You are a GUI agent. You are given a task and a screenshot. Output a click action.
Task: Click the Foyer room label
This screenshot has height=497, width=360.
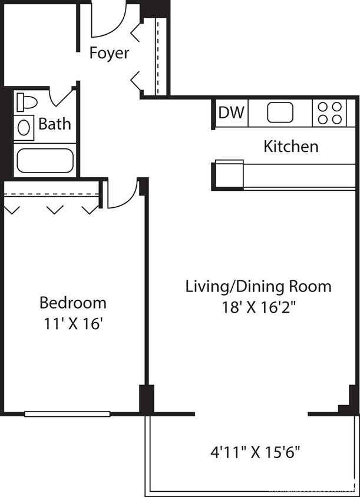pos(109,53)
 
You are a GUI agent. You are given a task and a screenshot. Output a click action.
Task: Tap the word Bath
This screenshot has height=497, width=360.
pos(55,124)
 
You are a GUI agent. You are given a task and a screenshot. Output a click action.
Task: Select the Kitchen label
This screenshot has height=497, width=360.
pos(290,146)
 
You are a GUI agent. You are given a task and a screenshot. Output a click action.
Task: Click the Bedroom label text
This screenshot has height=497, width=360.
pos(73,303)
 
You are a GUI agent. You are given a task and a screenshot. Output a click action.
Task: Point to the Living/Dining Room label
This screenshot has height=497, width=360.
pos(258,287)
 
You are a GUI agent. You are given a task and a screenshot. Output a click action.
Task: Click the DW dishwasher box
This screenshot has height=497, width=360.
pos(231,112)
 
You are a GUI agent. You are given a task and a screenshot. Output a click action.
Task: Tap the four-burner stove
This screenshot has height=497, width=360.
pos(330,112)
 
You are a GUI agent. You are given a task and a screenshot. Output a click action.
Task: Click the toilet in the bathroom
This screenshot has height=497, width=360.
pos(26,102)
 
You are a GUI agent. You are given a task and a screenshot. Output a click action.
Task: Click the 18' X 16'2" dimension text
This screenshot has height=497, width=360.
pos(258,307)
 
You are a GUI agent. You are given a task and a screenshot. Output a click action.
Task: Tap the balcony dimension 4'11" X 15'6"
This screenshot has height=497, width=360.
pos(256,453)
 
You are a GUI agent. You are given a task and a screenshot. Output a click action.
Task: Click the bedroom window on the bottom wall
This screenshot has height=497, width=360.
pos(67,414)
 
